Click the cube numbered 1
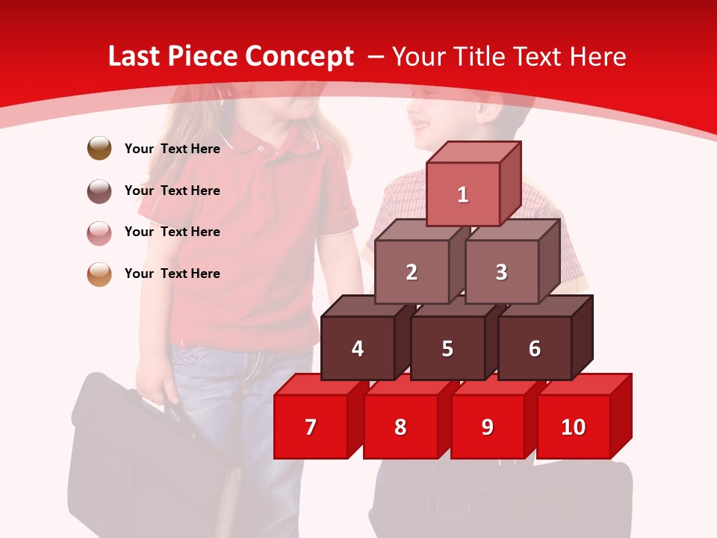[x=463, y=194]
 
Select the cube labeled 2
[x=412, y=272]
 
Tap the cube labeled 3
[x=501, y=272]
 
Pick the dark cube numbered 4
[x=358, y=348]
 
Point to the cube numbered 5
[x=447, y=348]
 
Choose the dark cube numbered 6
[x=535, y=348]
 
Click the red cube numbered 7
[x=311, y=427]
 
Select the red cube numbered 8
[x=400, y=427]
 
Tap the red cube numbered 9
[x=488, y=427]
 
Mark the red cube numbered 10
[x=574, y=427]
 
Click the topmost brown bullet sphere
[x=99, y=148]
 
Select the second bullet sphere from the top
[x=99, y=191]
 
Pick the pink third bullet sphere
[x=99, y=232]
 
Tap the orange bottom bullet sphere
[x=99, y=273]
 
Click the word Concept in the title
[x=299, y=57]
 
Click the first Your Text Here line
[x=173, y=149]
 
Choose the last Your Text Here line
[x=173, y=273]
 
